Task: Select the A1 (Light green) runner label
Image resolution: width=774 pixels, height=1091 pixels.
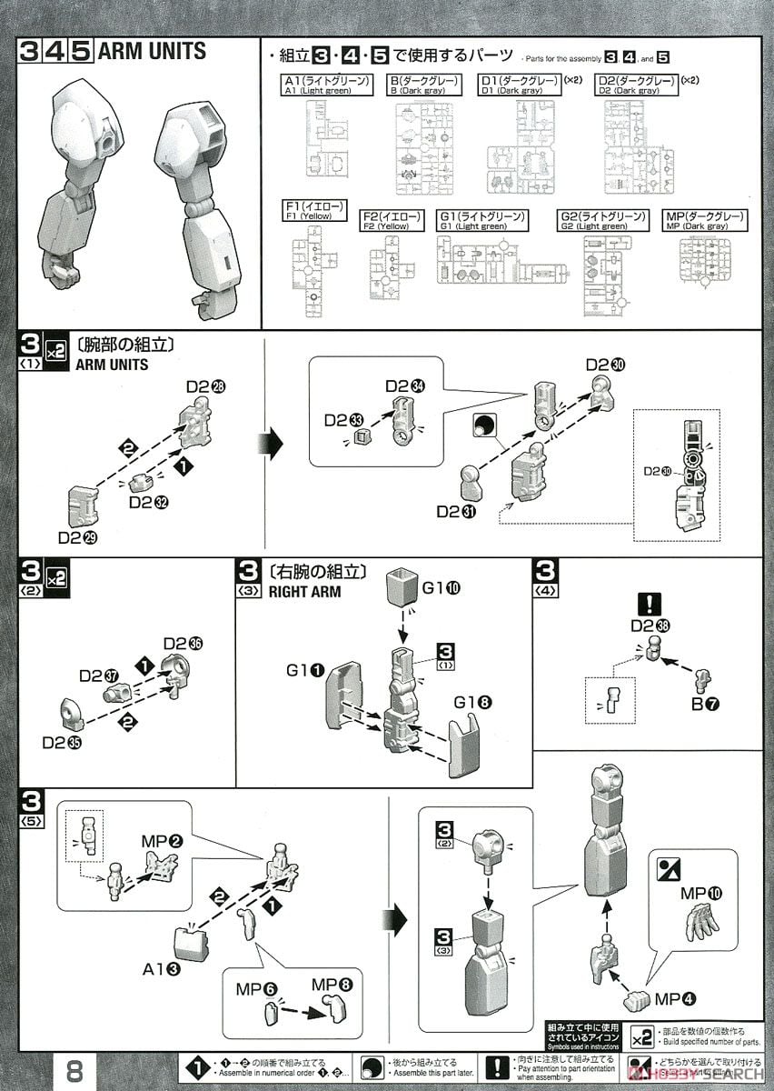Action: (327, 85)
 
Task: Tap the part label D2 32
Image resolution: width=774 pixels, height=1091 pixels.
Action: (151, 502)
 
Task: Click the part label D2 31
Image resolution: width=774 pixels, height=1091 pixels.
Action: (453, 512)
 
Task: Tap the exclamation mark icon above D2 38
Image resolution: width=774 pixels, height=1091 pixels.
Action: (650, 604)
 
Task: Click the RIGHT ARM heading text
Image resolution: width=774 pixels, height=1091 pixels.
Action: (304, 591)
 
